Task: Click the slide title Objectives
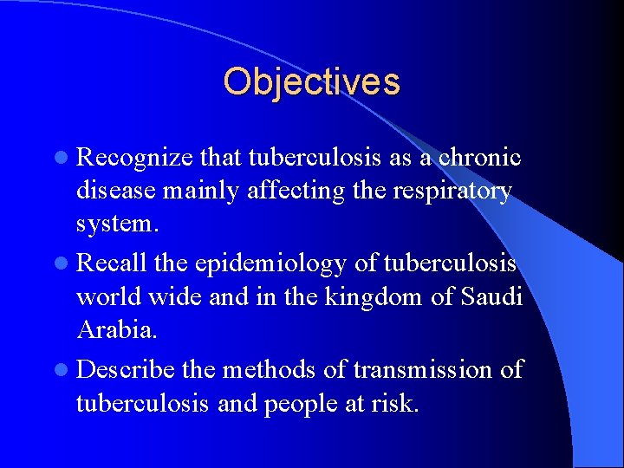click(311, 81)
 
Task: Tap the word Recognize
click(134, 157)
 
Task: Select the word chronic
click(478, 157)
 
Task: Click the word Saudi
click(491, 297)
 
